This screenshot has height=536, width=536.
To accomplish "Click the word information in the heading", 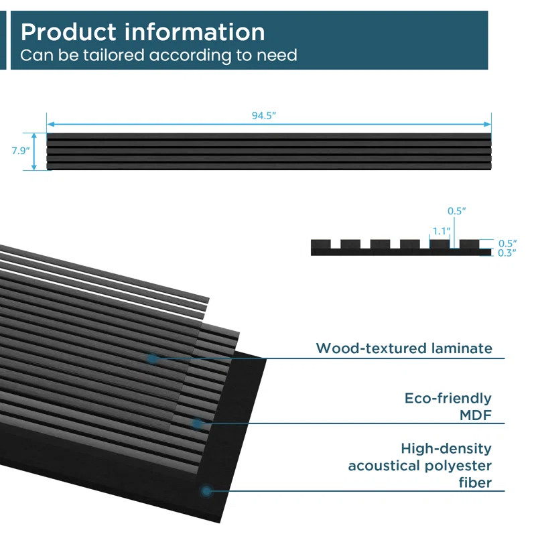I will [x=196, y=31].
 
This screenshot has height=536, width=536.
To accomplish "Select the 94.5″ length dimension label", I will [x=264, y=115].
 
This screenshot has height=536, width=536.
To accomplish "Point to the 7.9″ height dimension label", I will [x=20, y=151].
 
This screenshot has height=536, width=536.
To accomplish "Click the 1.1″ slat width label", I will [x=440, y=231].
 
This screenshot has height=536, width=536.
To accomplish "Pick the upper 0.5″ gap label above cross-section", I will [x=457, y=211].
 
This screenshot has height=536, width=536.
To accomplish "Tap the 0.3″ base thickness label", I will [x=507, y=253].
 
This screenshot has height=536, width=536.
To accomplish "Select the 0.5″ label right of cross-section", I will [x=507, y=243].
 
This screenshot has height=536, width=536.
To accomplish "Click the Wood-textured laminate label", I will [x=404, y=348].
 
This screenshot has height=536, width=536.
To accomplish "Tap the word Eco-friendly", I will [x=448, y=399].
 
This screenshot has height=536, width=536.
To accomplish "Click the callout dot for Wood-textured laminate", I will [x=153, y=359].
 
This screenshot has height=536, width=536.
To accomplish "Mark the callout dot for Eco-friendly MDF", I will [x=198, y=423].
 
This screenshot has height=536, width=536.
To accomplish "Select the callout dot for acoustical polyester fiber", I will [x=206, y=491].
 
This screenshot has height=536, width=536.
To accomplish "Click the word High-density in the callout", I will [x=446, y=448].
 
